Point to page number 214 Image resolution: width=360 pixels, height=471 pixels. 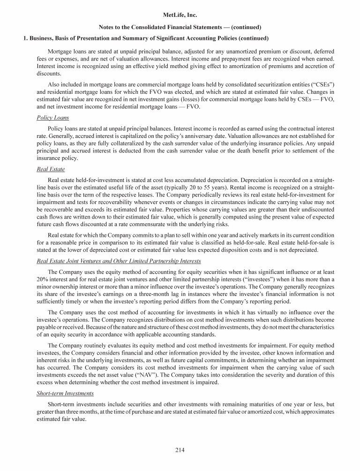pos(180,451)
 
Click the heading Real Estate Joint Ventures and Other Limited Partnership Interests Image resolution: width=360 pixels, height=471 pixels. pos(119,261)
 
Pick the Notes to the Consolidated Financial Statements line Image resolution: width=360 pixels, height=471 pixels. pos(180,27)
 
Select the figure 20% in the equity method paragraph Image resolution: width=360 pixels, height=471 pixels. pos(43,280)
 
